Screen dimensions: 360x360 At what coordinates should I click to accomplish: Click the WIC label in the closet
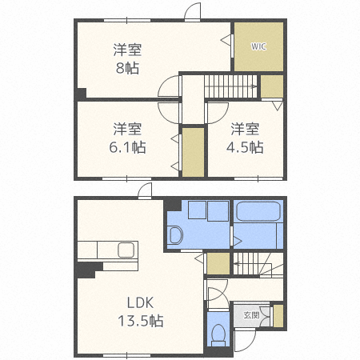coord(258,46)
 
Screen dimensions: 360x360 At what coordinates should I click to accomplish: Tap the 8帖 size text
coord(128,69)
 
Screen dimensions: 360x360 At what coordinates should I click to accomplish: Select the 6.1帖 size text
coord(128,147)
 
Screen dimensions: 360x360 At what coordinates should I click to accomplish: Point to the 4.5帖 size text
coord(246,147)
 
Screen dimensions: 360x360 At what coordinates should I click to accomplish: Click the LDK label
coord(139,302)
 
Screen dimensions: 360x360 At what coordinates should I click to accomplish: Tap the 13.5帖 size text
coord(139,322)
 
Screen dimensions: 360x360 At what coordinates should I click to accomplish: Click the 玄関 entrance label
coord(252,315)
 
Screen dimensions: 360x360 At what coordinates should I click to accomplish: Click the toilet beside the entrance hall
coord(218,333)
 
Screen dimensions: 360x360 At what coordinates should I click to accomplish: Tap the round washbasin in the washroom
coord(176,235)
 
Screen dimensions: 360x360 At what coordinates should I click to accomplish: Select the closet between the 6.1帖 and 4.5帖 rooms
coord(192,151)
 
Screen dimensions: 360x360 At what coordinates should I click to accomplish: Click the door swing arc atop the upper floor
coord(192,13)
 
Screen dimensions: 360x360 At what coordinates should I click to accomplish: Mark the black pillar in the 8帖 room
coord(81,94)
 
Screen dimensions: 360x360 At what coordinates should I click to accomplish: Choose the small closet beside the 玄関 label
coord(278,315)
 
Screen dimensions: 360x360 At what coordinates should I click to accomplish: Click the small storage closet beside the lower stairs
coord(217,265)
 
